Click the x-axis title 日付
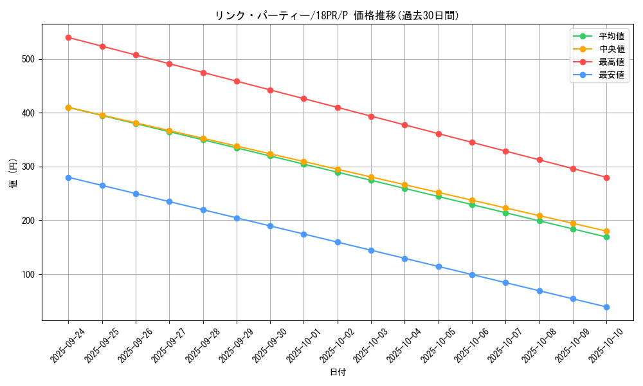pyautogui.click(x=338, y=372)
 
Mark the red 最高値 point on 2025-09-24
pyautogui.click(x=68, y=37)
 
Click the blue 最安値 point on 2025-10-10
pyautogui.click(x=606, y=307)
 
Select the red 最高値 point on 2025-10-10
pyautogui.click(x=606, y=178)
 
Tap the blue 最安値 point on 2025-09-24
pyautogui.click(x=68, y=178)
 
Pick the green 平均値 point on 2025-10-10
pyautogui.click(x=606, y=237)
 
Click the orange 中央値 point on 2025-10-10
pyautogui.click(x=606, y=231)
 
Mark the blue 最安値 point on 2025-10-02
pyautogui.click(x=338, y=242)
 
